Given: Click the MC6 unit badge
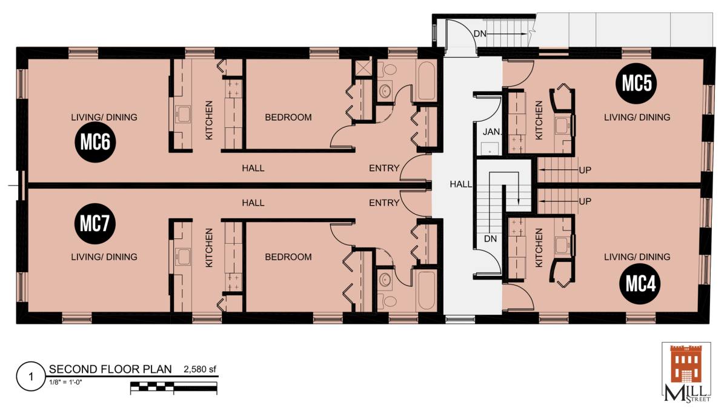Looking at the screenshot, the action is click(95, 142).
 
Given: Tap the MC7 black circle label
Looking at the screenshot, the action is click(95, 224).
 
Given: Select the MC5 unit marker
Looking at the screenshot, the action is click(636, 84).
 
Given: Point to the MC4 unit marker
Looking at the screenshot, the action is click(640, 284).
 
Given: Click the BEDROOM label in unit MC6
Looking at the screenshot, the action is click(288, 117).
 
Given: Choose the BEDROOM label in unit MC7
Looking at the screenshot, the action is click(288, 257).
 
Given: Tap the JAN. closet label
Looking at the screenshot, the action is click(492, 132).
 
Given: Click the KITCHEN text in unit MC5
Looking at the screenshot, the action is click(539, 120).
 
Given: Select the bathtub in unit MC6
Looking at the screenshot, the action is click(425, 81).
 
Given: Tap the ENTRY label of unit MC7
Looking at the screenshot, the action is click(384, 203).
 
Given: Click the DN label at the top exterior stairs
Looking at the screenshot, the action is click(480, 33).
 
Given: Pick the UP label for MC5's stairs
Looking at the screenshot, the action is click(585, 170).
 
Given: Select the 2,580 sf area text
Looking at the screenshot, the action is click(200, 369).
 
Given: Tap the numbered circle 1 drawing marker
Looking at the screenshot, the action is click(31, 377).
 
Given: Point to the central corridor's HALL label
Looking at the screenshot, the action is click(461, 184).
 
